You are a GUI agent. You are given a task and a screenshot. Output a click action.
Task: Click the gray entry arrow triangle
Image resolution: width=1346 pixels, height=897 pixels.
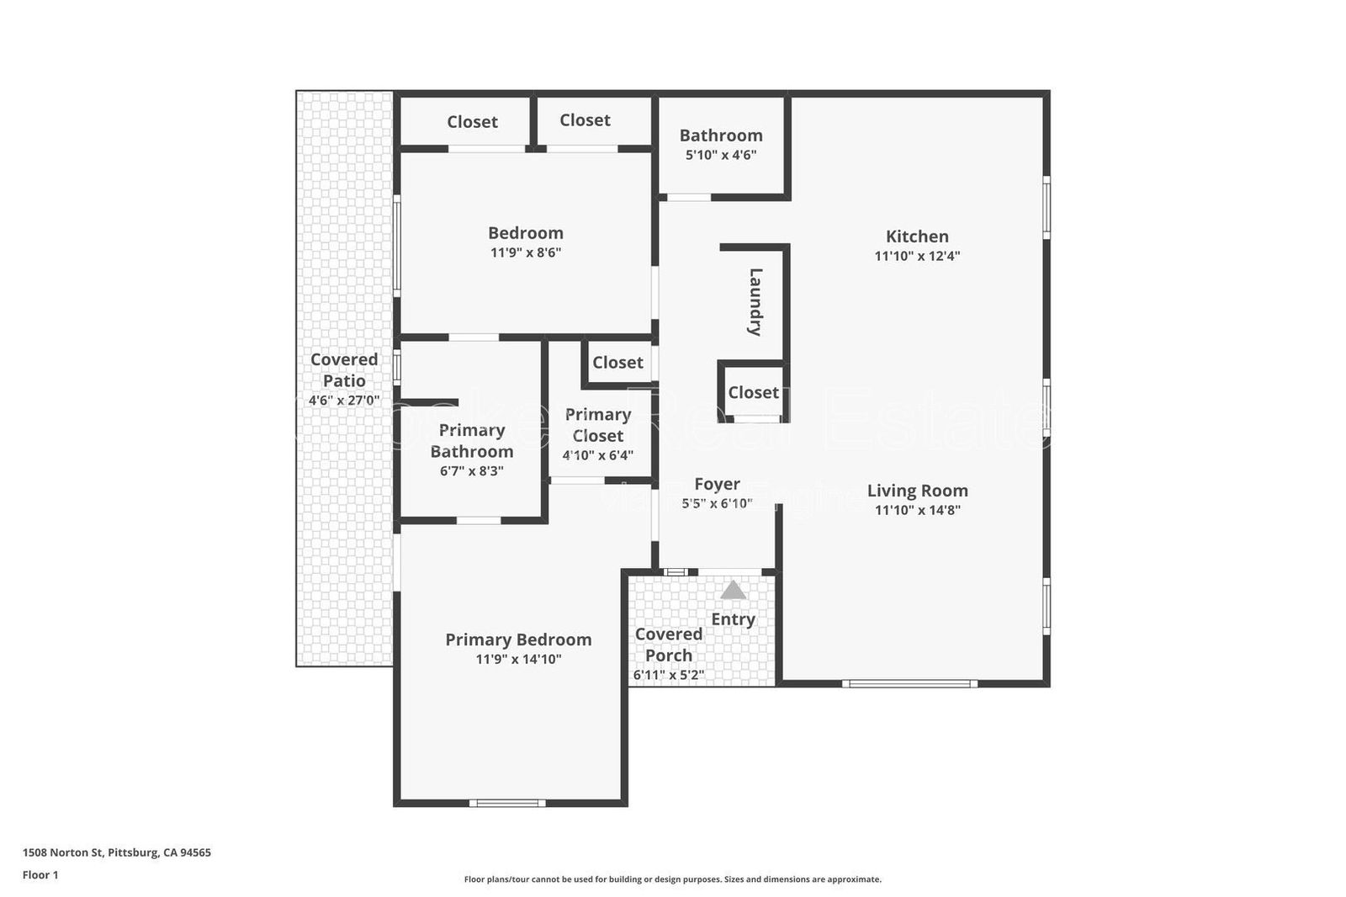tap(733, 591)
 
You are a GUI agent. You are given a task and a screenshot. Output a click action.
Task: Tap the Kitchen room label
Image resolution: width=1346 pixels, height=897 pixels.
tap(917, 236)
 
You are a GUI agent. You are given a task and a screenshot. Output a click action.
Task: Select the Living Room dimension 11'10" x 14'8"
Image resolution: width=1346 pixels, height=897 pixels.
tap(917, 510)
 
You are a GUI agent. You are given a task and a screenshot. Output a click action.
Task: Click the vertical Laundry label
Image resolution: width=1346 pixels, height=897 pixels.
tap(755, 301)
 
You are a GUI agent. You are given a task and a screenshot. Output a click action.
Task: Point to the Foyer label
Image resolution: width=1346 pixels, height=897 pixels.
tap(717, 484)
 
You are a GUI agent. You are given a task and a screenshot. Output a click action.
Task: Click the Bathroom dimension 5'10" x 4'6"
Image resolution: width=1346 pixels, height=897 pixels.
tap(721, 155)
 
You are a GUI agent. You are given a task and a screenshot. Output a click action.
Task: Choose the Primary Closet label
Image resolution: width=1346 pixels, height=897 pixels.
tap(597, 425)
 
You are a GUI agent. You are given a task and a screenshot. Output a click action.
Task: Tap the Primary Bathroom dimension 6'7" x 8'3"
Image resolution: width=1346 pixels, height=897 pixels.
tap(471, 471)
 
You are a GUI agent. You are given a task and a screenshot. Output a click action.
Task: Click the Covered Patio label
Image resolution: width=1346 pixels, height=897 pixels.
tap(343, 369)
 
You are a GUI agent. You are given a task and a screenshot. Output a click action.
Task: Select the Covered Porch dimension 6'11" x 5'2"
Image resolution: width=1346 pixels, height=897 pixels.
tap(668, 675)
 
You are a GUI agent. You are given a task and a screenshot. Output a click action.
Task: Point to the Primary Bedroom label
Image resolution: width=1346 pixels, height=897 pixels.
tap(518, 640)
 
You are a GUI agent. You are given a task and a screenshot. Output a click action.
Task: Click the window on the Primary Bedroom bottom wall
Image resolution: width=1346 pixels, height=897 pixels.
tap(507, 803)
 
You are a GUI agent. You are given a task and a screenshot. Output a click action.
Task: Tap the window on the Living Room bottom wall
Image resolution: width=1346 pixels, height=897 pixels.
tap(909, 683)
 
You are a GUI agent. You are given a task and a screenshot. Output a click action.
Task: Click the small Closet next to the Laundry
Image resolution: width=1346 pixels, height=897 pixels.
tap(753, 392)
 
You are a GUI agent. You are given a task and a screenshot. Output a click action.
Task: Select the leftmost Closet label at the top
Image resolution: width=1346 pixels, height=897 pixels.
tap(472, 122)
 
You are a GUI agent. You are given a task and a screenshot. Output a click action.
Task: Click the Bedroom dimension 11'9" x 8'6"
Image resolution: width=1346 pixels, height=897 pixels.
tap(526, 252)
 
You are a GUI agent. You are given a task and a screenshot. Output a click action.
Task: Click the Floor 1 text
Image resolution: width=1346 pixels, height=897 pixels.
tap(40, 875)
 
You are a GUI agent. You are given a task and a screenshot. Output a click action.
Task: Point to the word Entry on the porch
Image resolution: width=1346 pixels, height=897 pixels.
tap(733, 619)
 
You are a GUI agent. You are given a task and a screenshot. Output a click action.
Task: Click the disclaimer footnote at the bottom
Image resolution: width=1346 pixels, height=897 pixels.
tap(672, 879)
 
